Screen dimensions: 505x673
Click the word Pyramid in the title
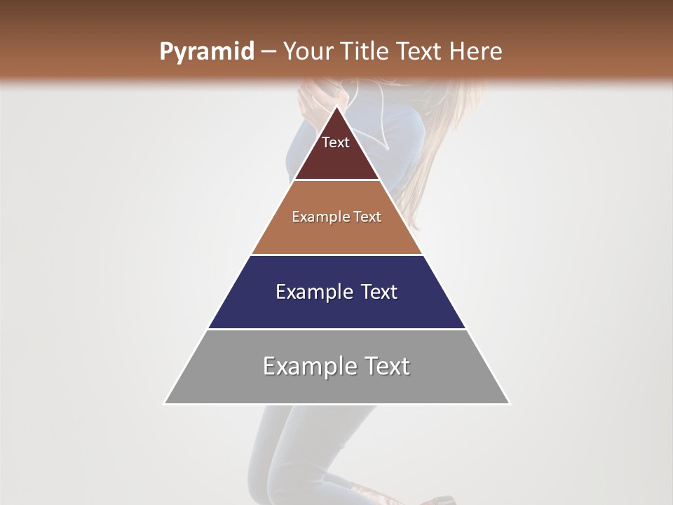pos(206,52)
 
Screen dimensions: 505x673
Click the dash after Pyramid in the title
pos(268,52)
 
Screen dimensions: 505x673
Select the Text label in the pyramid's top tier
pos(336,142)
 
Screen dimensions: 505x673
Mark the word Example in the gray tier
pos(306,366)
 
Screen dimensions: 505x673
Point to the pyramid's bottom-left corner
pos(164,403)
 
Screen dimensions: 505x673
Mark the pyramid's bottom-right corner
pos(510,403)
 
